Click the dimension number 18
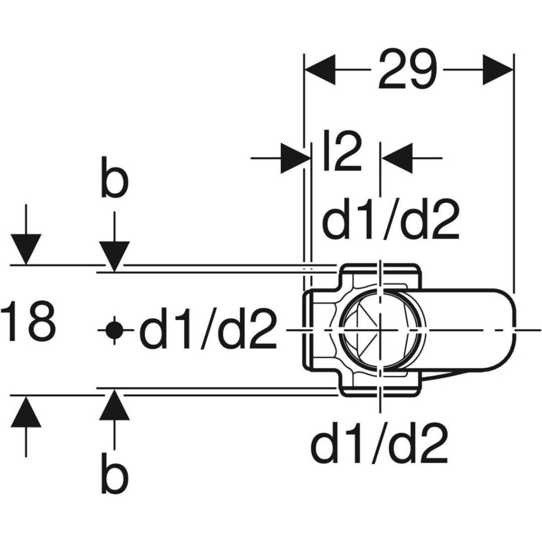click(28, 321)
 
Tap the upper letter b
click(115, 177)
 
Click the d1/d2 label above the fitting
click(391, 220)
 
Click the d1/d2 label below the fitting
click(380, 444)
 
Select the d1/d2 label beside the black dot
click(208, 329)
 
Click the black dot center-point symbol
click(114, 330)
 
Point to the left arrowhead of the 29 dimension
click(320, 69)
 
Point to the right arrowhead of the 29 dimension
click(498, 69)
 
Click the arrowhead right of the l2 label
click(397, 158)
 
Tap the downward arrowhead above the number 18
click(26, 249)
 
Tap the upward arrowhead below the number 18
click(26, 412)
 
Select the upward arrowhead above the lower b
click(114, 404)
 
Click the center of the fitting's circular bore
click(380, 330)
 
